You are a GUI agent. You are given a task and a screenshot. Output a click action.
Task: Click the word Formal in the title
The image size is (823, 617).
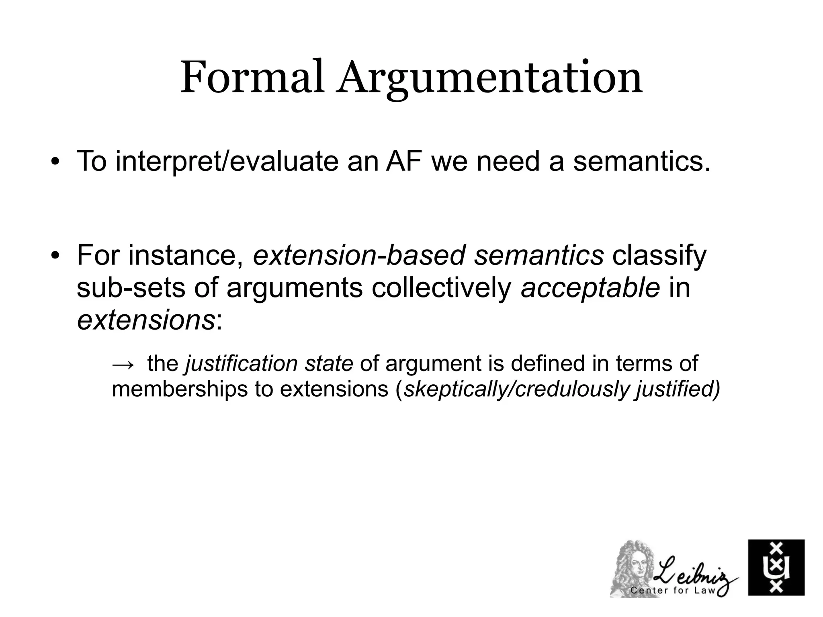[x=252, y=77]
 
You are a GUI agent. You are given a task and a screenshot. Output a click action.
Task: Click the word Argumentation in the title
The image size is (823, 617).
[x=489, y=78]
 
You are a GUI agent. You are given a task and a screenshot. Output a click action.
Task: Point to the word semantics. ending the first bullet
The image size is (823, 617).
[x=641, y=161]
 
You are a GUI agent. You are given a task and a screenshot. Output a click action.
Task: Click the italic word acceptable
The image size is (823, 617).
[x=590, y=289]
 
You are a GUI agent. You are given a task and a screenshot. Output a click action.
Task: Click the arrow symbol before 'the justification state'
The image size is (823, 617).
[x=123, y=364]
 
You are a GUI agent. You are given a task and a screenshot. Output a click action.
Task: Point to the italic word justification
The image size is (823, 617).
[x=241, y=364]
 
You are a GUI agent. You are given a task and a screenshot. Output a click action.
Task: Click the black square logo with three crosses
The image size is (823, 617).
[x=776, y=567]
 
